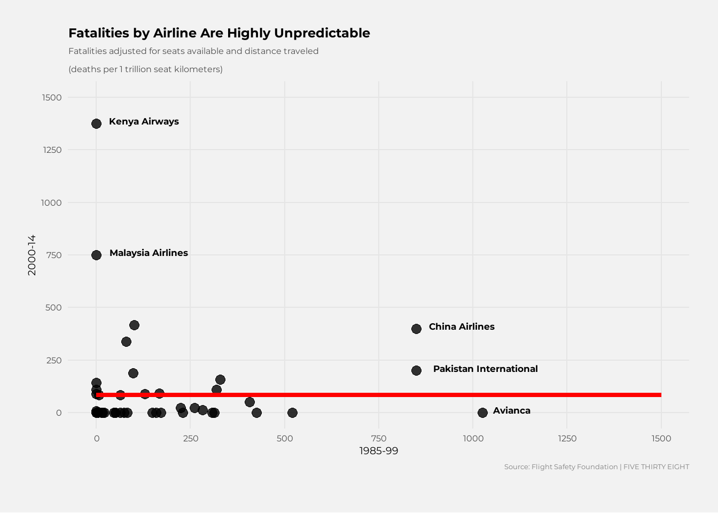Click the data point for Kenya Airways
pyautogui.click(x=96, y=123)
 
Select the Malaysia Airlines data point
pyautogui.click(x=96, y=255)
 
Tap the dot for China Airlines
pyautogui.click(x=416, y=329)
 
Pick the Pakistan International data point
pyautogui.click(x=416, y=370)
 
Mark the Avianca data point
pyautogui.click(x=482, y=413)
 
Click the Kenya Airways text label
pyautogui.click(x=144, y=121)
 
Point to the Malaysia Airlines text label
pyautogui.click(x=149, y=253)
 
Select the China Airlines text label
pyautogui.click(x=462, y=327)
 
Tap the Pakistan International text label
pyautogui.click(x=485, y=369)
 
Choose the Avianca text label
pyautogui.click(x=511, y=410)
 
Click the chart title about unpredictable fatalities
pyautogui.click(x=219, y=33)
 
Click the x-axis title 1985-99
pyautogui.click(x=378, y=450)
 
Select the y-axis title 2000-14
pyautogui.click(x=32, y=255)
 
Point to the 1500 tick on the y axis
pyautogui.click(x=52, y=97)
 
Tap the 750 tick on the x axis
pyautogui.click(x=378, y=438)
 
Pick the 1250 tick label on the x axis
pyautogui.click(x=567, y=438)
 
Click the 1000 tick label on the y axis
pyautogui.click(x=52, y=203)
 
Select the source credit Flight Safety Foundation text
pyautogui.click(x=596, y=467)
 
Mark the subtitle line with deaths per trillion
pyautogui.click(x=145, y=69)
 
